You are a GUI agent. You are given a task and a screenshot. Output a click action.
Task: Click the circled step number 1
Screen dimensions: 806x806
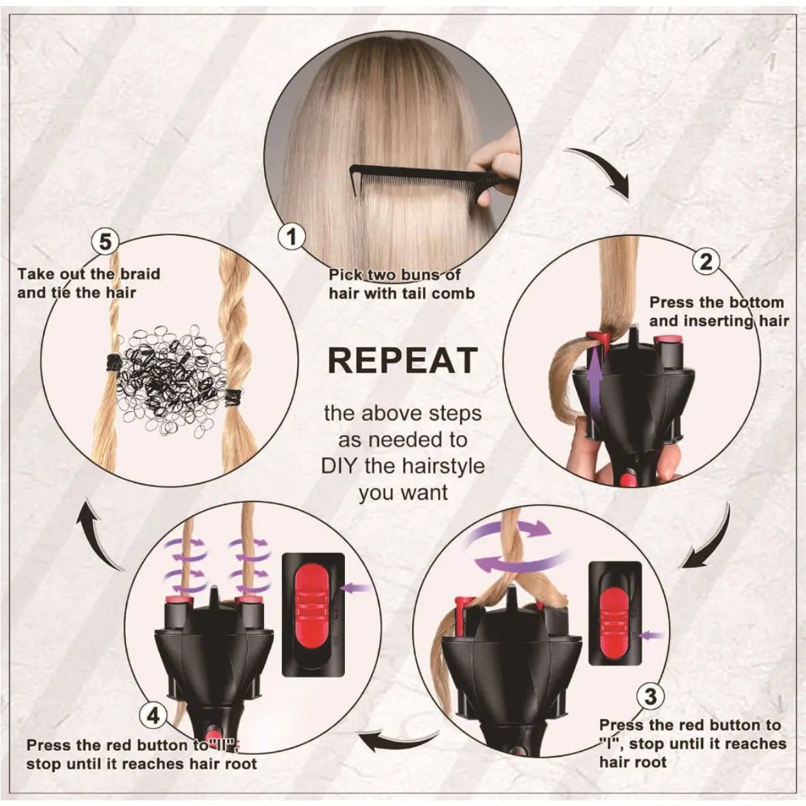click(x=293, y=237)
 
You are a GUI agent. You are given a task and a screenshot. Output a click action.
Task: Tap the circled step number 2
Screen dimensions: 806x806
click(x=706, y=261)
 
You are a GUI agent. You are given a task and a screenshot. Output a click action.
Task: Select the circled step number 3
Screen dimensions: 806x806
click(x=651, y=696)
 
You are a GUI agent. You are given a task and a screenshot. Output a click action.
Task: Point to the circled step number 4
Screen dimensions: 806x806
click(x=153, y=715)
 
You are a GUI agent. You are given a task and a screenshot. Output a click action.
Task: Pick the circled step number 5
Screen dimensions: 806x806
click(x=105, y=241)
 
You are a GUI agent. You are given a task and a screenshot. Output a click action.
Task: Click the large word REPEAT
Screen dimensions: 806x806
click(x=402, y=360)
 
